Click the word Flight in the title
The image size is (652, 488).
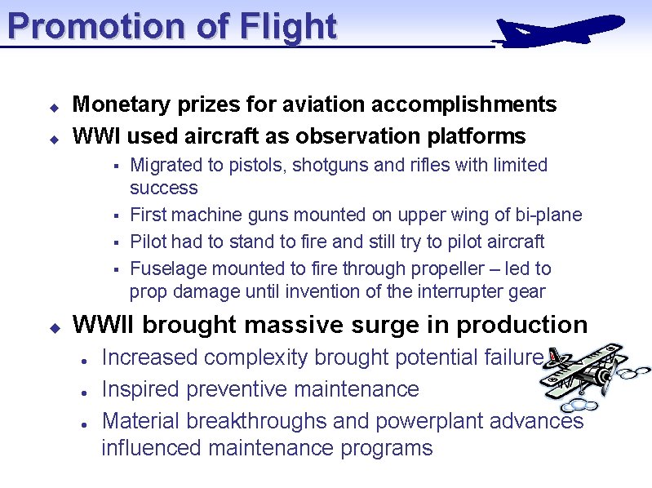coord(288,26)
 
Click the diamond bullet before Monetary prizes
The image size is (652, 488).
coord(51,107)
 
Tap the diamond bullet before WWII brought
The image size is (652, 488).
coord(51,327)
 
